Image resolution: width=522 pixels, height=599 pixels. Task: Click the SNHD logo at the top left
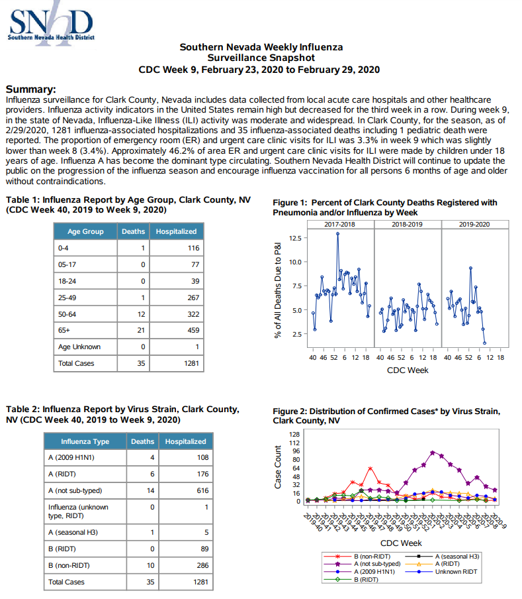point(51,24)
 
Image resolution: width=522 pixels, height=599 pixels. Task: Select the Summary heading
point(31,89)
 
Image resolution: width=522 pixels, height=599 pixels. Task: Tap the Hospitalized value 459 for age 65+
point(193,330)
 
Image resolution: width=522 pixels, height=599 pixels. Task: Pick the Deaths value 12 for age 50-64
point(141,314)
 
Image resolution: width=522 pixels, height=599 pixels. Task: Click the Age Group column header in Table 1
point(85,231)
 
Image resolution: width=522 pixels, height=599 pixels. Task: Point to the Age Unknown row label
point(79,347)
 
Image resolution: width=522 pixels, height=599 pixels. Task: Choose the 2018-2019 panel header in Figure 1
point(408,224)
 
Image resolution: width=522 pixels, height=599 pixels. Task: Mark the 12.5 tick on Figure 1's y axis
point(295,238)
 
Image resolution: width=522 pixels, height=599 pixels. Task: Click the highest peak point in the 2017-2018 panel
point(337,234)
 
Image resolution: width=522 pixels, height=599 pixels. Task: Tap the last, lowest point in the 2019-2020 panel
point(485,343)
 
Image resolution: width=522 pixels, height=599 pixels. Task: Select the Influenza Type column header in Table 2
point(85,441)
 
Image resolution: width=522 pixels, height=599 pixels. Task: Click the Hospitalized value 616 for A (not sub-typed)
point(203,490)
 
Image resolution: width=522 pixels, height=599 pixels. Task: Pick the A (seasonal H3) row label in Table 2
point(73,532)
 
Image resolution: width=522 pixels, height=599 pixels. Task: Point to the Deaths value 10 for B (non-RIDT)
point(151,565)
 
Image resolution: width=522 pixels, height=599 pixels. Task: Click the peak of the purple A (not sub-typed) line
point(433,453)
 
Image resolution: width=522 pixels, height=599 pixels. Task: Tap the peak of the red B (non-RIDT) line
point(370,468)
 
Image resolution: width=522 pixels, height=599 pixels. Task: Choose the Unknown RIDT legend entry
point(441,572)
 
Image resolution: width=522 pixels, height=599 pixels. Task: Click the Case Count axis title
point(278,467)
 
